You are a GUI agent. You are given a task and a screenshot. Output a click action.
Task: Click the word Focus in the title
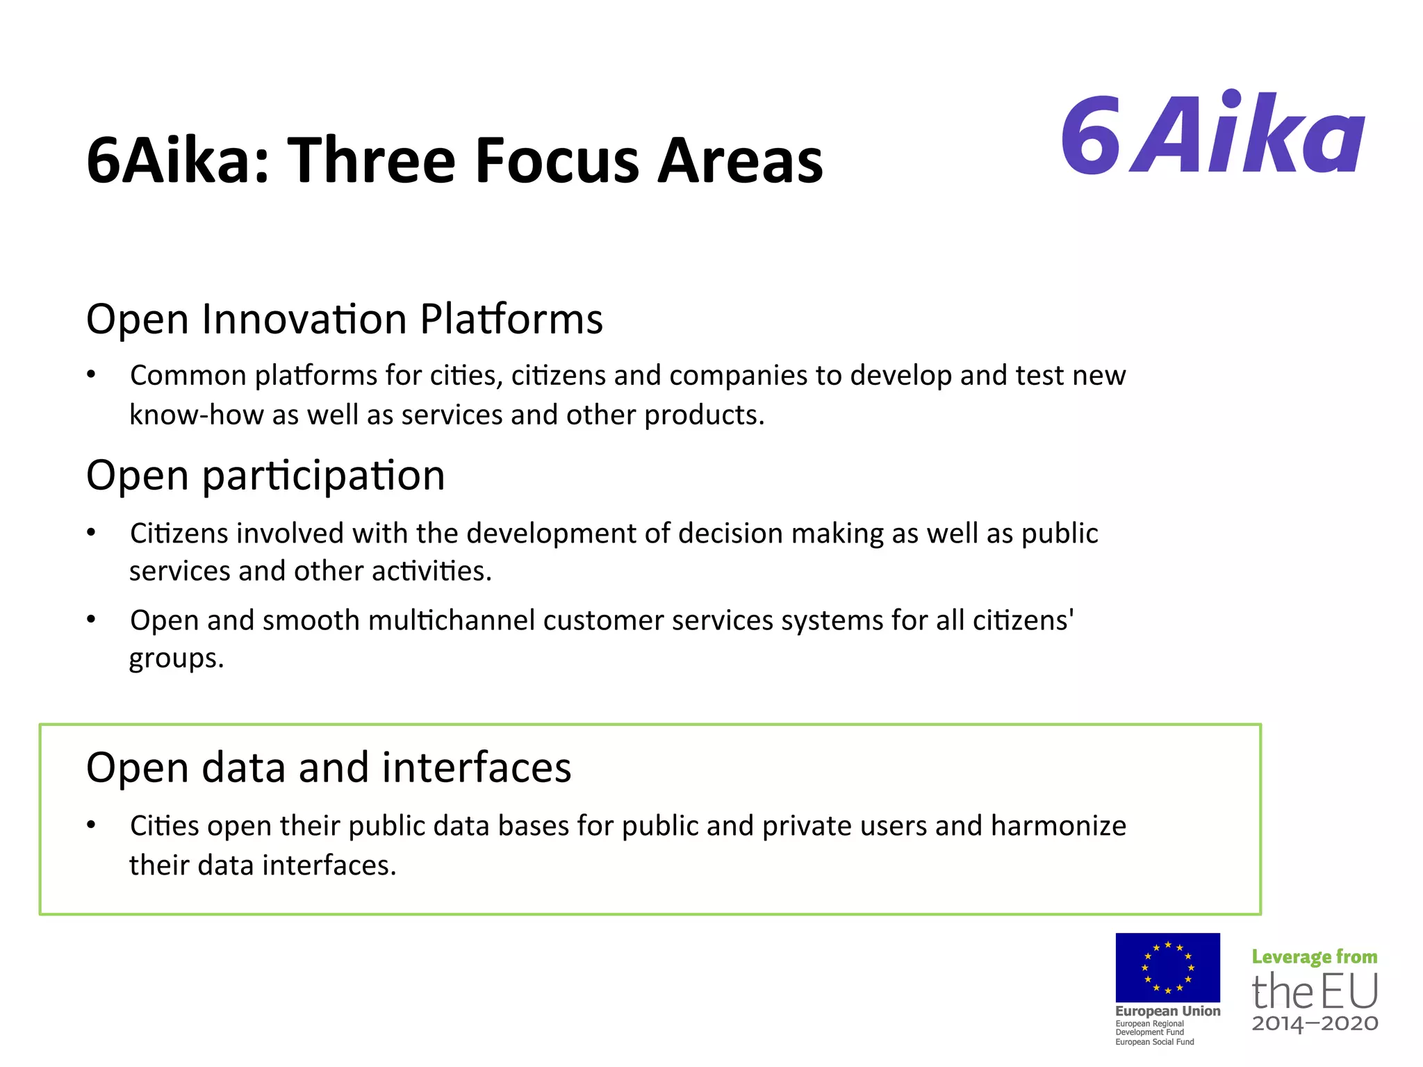[x=557, y=161]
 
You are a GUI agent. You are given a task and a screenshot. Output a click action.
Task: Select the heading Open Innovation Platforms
[x=344, y=320]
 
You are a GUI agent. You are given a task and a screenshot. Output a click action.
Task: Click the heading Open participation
[x=265, y=477]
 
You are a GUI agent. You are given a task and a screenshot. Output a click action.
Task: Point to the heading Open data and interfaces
[x=329, y=768]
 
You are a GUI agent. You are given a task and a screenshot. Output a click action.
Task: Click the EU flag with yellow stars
[x=1167, y=967]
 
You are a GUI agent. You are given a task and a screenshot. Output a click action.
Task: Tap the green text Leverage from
[x=1314, y=957]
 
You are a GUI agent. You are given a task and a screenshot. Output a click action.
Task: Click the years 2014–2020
[x=1315, y=1023]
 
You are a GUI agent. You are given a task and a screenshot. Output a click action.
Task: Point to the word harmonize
[x=1058, y=827]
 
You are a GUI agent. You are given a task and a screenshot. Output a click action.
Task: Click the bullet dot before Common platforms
[x=91, y=375]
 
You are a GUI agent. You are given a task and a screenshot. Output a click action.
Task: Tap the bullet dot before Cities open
[x=91, y=825]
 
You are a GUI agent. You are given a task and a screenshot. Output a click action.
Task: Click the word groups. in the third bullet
[x=176, y=659]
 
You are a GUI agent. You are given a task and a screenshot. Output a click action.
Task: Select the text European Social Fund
[x=1154, y=1042]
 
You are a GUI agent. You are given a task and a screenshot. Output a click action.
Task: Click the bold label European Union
[x=1167, y=1011]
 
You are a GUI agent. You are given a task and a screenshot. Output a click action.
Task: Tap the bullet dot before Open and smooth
[x=91, y=620]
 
